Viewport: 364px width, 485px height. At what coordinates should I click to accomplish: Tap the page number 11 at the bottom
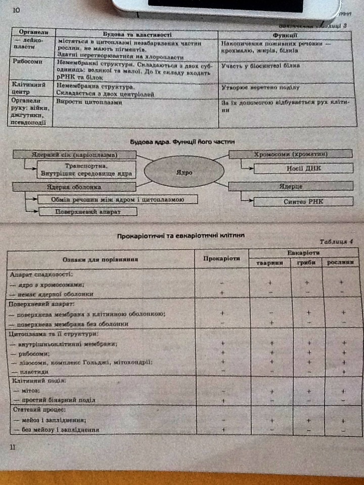(13, 447)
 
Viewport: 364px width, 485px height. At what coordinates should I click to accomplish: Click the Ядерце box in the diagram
(291, 186)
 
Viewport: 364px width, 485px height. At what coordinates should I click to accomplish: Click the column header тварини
(270, 263)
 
